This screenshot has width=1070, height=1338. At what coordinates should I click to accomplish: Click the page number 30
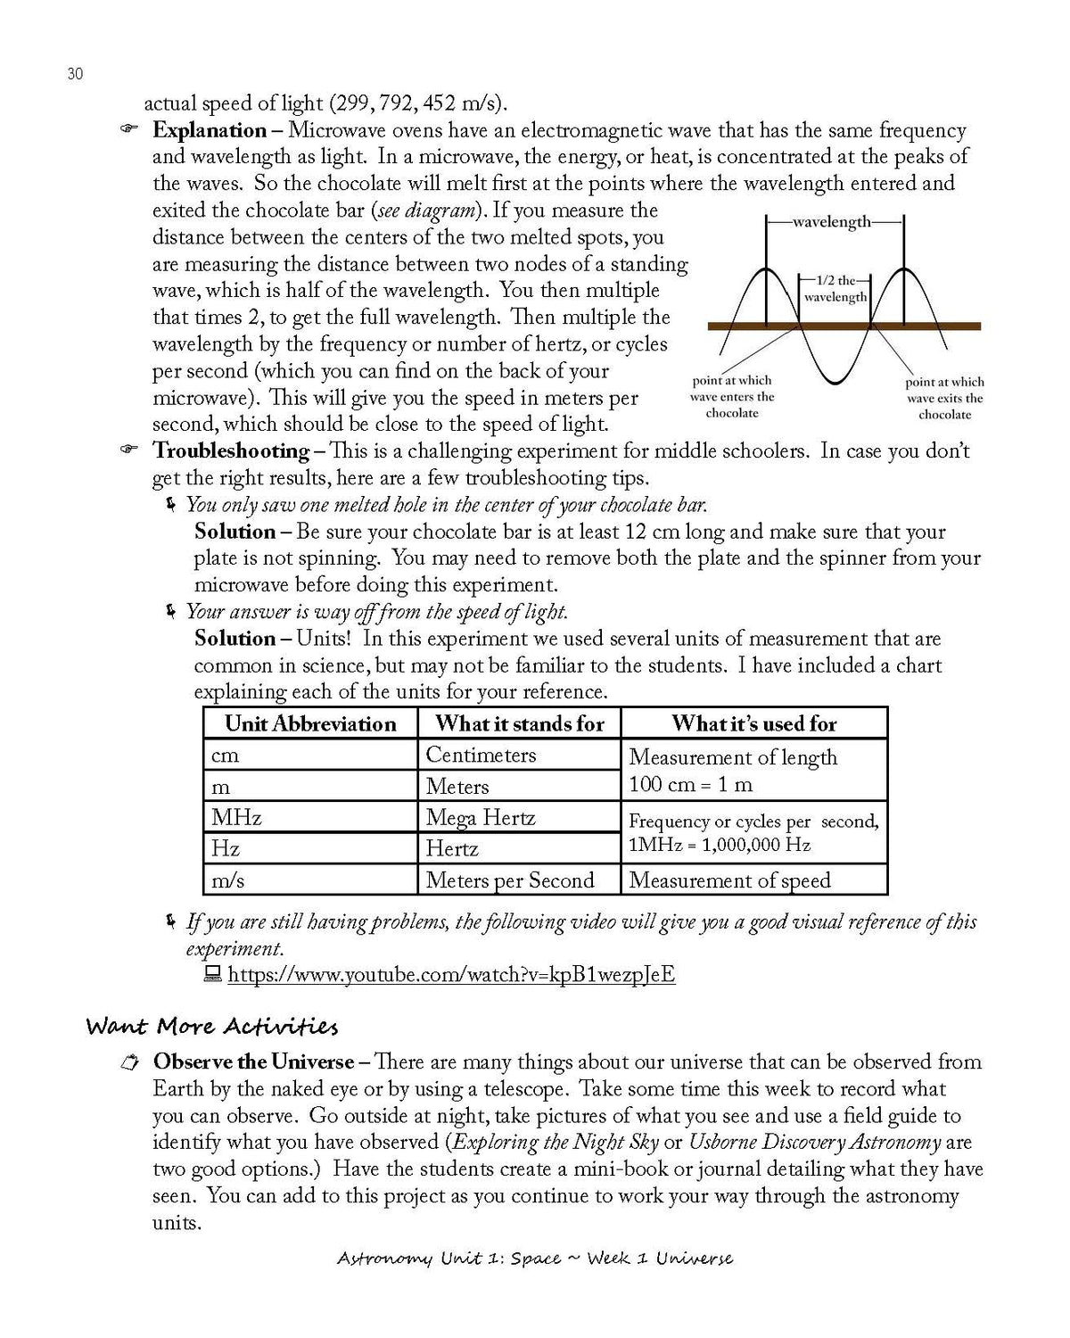coord(75,74)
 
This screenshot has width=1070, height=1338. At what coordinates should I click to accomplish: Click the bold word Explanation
coord(210,130)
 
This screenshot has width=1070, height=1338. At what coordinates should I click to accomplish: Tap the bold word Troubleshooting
coord(231,450)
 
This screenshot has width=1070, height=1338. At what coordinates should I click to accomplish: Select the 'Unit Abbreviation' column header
coord(310,723)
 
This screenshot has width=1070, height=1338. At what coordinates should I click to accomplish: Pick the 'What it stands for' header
coord(519,723)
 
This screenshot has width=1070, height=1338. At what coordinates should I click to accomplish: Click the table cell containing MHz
coord(236,817)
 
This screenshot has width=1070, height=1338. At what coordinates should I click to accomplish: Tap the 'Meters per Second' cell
coord(509,880)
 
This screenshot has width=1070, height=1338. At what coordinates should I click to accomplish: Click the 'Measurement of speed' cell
coord(729,880)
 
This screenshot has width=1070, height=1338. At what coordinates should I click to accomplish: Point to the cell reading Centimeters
coord(481,755)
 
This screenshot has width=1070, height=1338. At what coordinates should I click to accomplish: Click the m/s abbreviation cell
coord(227,880)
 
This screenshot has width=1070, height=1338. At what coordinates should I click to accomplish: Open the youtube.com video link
coord(451,974)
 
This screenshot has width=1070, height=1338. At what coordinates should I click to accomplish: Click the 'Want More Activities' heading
coord(211,1027)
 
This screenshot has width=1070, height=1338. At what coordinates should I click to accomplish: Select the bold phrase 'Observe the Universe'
coord(253,1061)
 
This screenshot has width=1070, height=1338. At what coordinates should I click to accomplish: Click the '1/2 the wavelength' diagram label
coord(835,288)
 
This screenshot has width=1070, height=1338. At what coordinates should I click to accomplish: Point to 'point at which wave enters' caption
coord(731,396)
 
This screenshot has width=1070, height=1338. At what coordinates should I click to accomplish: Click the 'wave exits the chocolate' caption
coord(944,398)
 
